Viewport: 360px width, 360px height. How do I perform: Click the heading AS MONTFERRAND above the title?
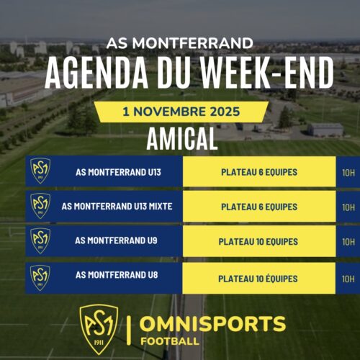(180, 43)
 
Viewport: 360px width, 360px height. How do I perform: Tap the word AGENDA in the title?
(96, 73)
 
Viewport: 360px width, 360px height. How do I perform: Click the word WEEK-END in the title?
(267, 73)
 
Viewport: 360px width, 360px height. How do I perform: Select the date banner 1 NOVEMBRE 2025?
(181, 112)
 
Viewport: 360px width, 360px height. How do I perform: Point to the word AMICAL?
(182, 139)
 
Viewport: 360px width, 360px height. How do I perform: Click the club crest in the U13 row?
(40, 171)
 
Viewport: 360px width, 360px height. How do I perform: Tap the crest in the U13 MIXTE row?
(40, 206)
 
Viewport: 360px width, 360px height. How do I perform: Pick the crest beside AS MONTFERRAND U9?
(40, 240)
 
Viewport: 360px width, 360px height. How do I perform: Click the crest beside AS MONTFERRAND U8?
(40, 278)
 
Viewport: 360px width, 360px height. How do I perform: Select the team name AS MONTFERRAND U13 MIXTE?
(117, 207)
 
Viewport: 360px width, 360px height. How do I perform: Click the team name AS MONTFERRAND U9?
(116, 240)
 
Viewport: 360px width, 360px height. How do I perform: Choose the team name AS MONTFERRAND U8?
(117, 275)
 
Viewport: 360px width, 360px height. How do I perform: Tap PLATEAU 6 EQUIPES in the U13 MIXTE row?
(259, 207)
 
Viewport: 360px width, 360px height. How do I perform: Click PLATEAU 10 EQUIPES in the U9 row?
(258, 242)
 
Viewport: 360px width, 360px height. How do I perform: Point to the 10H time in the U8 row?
(348, 279)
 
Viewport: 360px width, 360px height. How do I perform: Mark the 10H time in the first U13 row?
(348, 173)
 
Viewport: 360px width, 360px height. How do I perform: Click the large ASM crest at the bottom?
(99, 329)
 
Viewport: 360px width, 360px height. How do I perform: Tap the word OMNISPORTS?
(212, 323)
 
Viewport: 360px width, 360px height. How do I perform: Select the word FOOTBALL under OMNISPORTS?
(170, 341)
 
